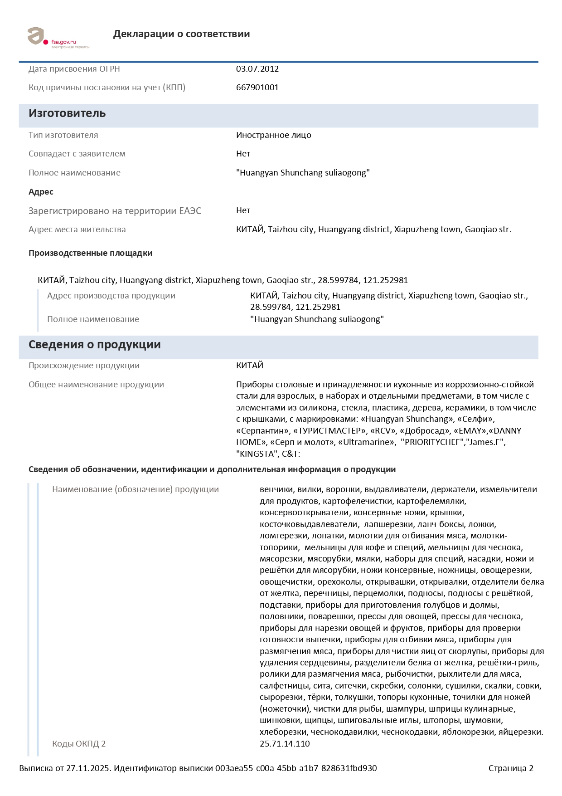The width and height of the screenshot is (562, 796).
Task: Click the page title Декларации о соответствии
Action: coord(181,34)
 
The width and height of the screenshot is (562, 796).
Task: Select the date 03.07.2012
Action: coord(257,69)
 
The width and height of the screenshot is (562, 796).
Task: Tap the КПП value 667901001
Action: coord(257,88)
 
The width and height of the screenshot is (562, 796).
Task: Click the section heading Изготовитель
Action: coord(67,113)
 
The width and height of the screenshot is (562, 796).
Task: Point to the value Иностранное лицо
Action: coord(273,135)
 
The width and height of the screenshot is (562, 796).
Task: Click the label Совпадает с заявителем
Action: coord(77,154)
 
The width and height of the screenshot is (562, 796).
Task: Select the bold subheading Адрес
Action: coord(41,192)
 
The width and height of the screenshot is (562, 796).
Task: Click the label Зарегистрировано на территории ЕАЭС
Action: coord(115,211)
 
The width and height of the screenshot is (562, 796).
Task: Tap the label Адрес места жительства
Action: coord(77,230)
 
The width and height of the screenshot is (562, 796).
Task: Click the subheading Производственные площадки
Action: coord(90,253)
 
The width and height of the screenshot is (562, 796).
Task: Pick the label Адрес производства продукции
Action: coord(111,296)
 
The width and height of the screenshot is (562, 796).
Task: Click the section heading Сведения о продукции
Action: coord(94,345)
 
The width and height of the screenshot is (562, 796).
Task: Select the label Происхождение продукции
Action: coord(84,366)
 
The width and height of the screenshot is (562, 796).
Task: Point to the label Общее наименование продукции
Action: coord(96,385)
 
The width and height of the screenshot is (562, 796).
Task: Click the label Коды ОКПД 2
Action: coord(78,744)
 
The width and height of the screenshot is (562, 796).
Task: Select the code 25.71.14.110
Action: coord(285,744)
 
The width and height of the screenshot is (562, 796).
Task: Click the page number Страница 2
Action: coord(510,768)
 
